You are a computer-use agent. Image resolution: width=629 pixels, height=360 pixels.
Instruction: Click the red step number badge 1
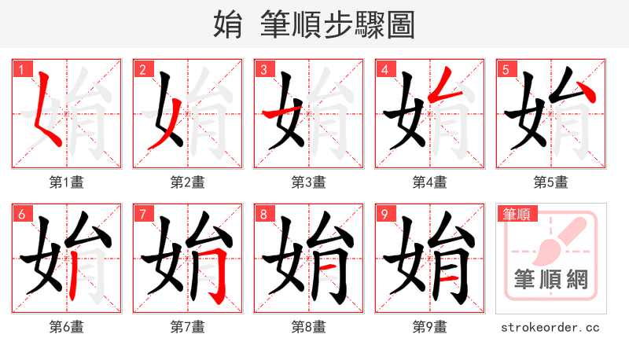[x=20, y=69]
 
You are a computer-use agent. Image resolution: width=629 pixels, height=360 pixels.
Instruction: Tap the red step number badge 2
[x=142, y=69]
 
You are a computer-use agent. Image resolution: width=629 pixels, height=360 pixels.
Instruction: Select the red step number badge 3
[x=263, y=69]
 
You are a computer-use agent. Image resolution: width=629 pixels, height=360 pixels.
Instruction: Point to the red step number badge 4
[x=384, y=69]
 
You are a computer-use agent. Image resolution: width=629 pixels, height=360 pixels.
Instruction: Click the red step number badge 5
[x=505, y=69]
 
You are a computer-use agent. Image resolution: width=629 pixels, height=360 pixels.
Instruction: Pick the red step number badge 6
[x=20, y=214]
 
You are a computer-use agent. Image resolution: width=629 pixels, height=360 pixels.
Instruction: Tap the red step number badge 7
[x=142, y=214]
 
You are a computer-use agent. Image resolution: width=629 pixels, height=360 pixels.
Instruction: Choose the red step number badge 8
[x=263, y=214]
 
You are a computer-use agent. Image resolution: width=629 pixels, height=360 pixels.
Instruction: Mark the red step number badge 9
[x=384, y=214]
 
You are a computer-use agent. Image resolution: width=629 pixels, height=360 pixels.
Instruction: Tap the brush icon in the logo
[x=555, y=240]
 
